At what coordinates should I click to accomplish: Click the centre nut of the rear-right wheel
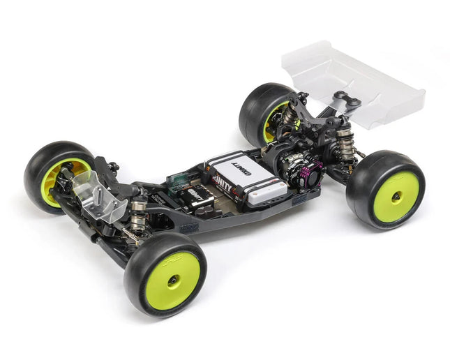tap(395, 197)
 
